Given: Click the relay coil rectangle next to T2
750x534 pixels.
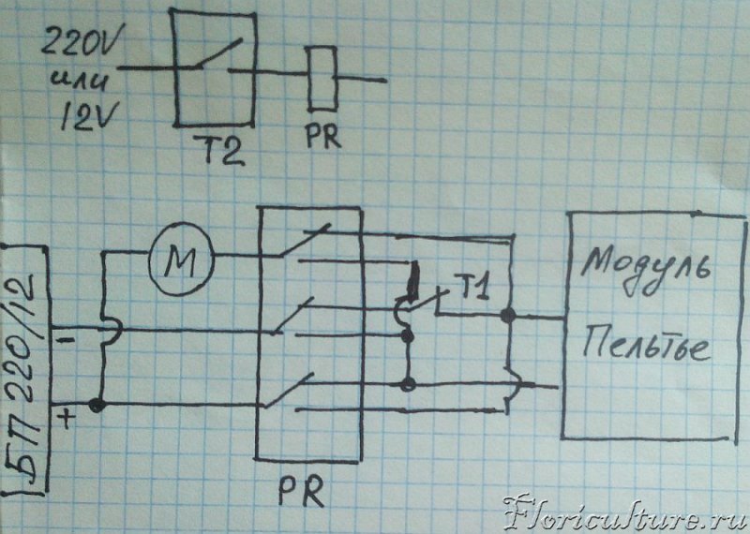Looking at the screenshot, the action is click(322, 79).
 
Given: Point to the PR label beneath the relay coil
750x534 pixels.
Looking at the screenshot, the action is click(323, 135).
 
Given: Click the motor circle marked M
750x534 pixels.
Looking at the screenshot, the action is click(181, 259).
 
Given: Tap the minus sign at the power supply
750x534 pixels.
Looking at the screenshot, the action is click(66, 340).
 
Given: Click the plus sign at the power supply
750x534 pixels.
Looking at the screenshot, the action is click(67, 419).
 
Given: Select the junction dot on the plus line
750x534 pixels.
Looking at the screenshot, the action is click(97, 405).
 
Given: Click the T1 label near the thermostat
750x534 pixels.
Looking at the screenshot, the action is click(475, 289).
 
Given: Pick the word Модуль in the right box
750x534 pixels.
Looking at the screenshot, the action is click(646, 271).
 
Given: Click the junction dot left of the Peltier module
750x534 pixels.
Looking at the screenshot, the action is click(508, 315).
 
